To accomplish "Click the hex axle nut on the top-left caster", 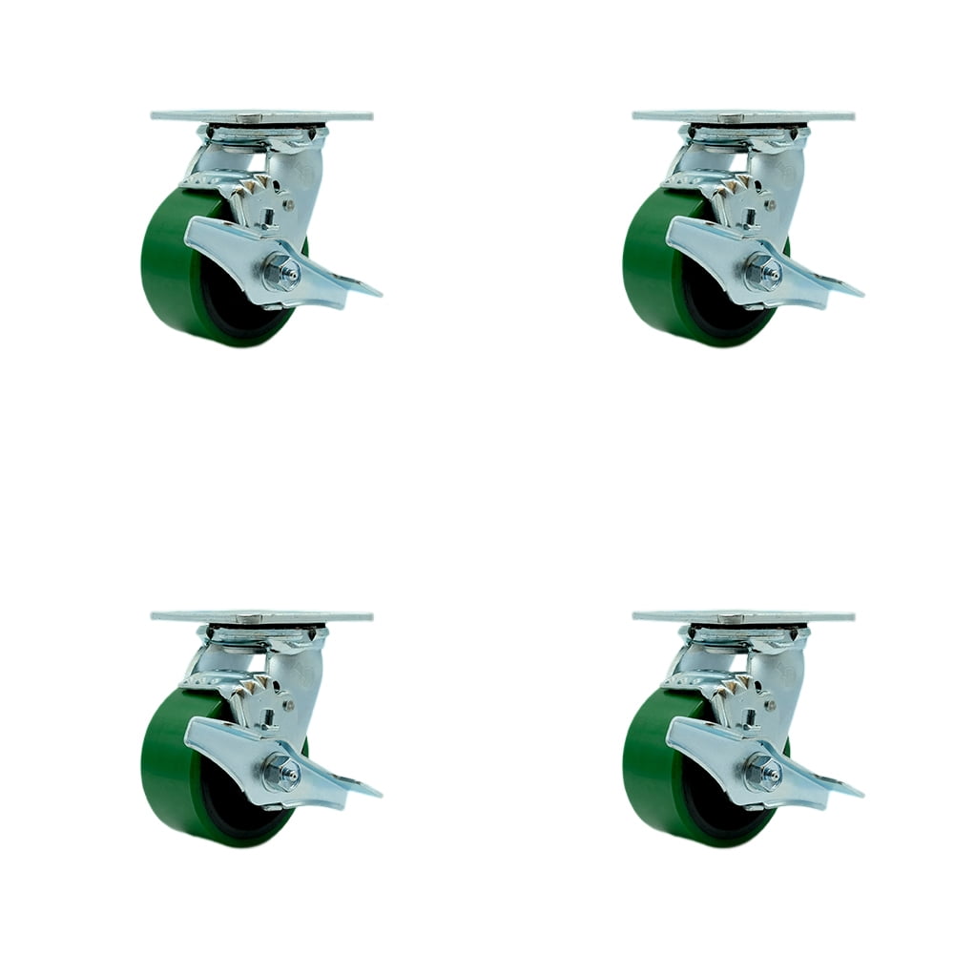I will [x=282, y=274].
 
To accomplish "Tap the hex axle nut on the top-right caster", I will [x=763, y=274].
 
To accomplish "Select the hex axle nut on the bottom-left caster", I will [x=282, y=772].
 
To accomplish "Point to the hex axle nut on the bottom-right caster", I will [x=763, y=772].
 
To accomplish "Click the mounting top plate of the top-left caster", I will [x=261, y=116].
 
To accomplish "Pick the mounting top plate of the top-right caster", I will [x=743, y=116].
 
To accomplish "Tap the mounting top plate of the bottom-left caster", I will [x=261, y=616].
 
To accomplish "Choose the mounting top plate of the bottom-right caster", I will [x=743, y=616].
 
